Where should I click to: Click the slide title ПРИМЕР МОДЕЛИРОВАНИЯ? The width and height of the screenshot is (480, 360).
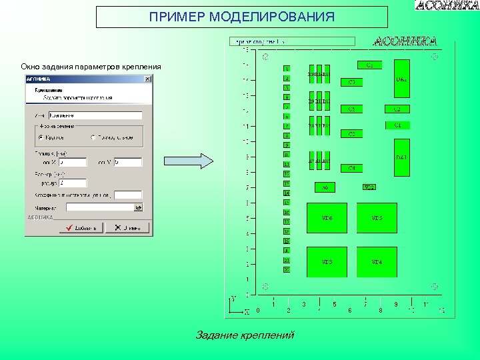pyautogui.click(x=241, y=17)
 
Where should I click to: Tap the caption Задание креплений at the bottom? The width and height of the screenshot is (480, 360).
pyautogui.click(x=245, y=335)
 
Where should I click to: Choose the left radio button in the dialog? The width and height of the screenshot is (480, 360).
pyautogui.click(x=41, y=137)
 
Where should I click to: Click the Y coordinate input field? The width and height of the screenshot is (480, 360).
pyautogui.click(x=127, y=162)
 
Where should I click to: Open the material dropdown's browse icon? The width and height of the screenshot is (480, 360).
pyautogui.click(x=138, y=207)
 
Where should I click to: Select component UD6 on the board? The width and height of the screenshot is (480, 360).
pyautogui.click(x=327, y=218)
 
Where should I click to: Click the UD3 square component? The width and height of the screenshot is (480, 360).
pyautogui.click(x=327, y=262)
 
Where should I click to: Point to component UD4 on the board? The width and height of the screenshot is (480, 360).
pyautogui.click(x=377, y=262)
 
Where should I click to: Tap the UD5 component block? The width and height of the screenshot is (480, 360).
pyautogui.click(x=377, y=218)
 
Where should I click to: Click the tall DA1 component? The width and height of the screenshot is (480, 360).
pyautogui.click(x=402, y=157)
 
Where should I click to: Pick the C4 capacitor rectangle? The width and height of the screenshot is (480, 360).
pyautogui.click(x=351, y=168)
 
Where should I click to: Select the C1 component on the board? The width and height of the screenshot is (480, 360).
pyautogui.click(x=397, y=125)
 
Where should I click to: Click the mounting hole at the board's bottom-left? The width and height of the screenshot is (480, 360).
pyautogui.click(x=265, y=287)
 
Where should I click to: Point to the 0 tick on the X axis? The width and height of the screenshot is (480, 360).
pyautogui.click(x=258, y=309)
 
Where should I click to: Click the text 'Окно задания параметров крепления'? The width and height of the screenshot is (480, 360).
pyautogui.click(x=91, y=67)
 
